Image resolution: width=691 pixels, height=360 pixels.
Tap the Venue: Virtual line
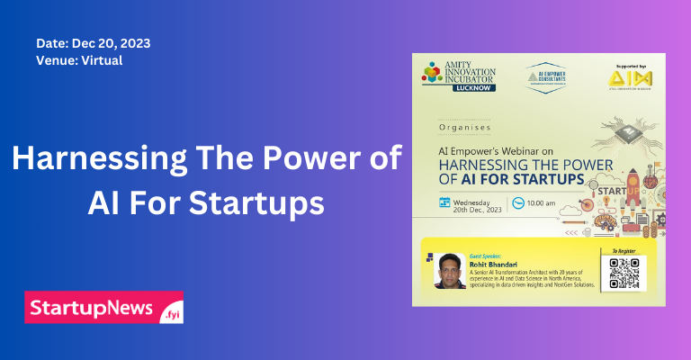79,61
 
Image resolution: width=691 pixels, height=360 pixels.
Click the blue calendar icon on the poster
444,202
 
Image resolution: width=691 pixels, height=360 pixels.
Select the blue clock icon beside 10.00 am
517,202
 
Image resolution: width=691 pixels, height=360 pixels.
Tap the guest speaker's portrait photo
450,269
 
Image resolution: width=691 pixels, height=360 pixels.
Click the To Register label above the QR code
623,251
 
